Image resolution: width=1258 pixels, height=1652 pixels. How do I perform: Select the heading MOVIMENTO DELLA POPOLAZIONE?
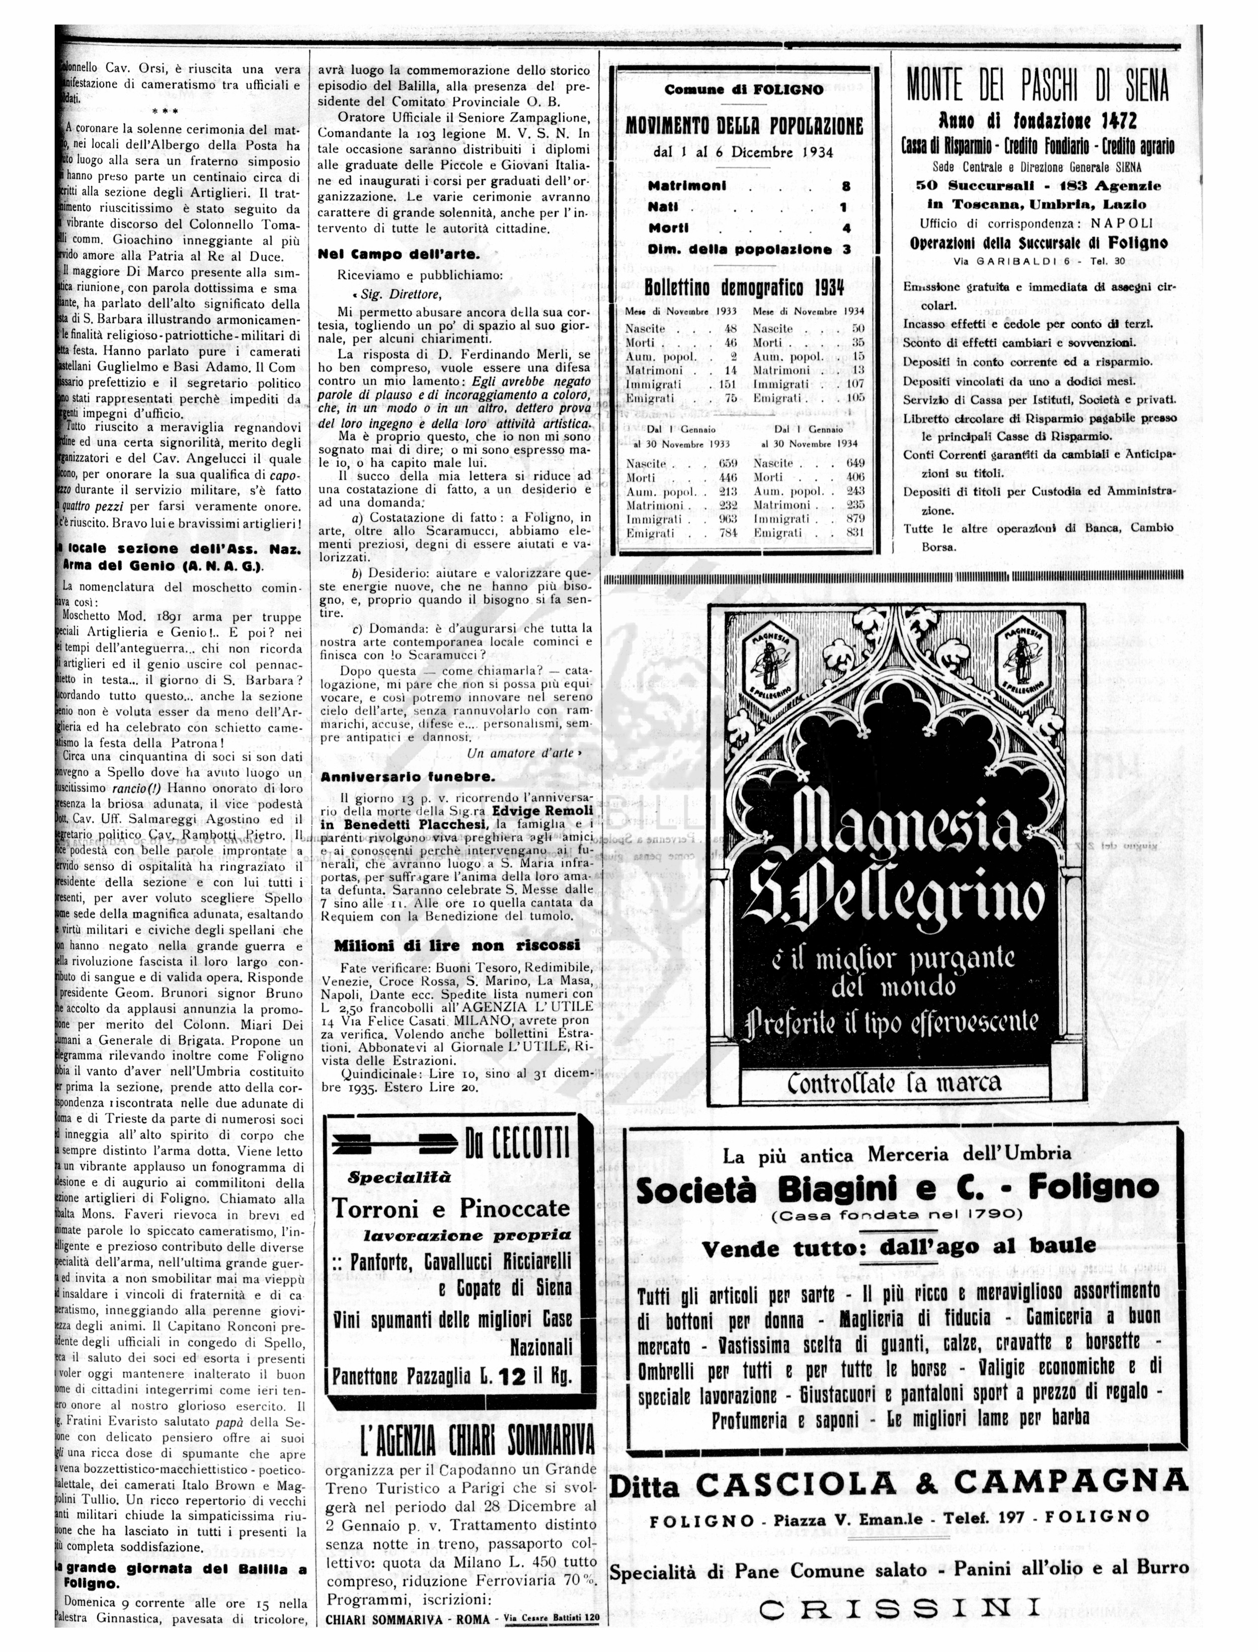(744, 126)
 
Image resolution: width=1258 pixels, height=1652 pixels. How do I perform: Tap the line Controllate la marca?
(894, 1083)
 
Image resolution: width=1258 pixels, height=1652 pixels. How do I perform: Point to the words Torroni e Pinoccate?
(451, 1209)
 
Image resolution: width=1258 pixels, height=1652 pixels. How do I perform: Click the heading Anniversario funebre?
(408, 776)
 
